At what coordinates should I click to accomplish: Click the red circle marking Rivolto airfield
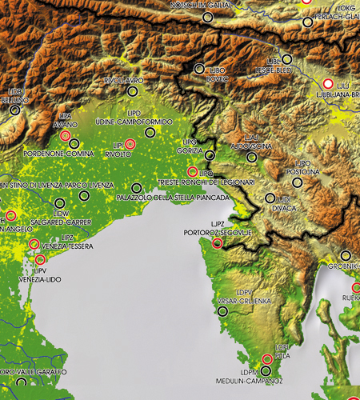pyautogui.click(x=130, y=144)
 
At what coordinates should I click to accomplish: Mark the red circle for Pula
pyautogui.click(x=268, y=359)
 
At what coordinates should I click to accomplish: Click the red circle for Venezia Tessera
pyautogui.click(x=34, y=244)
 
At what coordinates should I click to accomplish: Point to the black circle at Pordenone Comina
pyautogui.click(x=74, y=142)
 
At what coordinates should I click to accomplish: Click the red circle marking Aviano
pyautogui.click(x=65, y=136)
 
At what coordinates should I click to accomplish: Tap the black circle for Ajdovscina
pyautogui.click(x=252, y=158)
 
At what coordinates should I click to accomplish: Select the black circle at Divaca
pyautogui.click(x=270, y=198)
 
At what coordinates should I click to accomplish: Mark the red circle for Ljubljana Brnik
pyautogui.click(x=327, y=83)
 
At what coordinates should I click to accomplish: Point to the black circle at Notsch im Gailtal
pyautogui.click(x=207, y=16)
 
